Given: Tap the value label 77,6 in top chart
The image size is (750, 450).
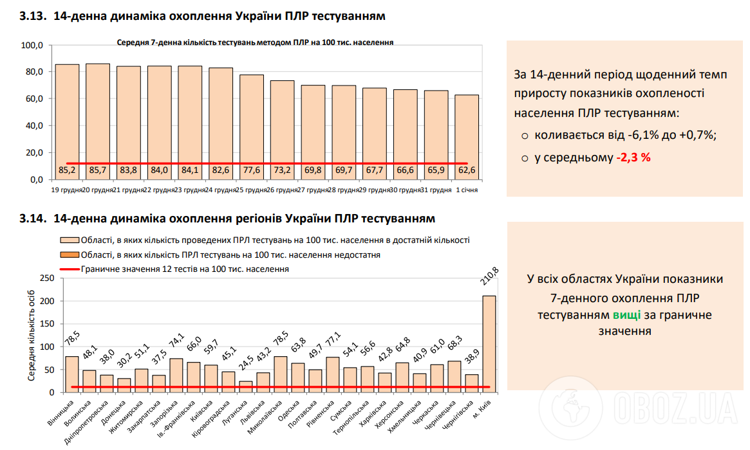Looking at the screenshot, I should click(x=252, y=170).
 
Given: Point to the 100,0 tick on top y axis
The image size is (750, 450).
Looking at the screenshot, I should click(x=32, y=46).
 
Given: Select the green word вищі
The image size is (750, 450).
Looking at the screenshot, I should click(x=626, y=315).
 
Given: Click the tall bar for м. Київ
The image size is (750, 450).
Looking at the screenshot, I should click(x=489, y=344).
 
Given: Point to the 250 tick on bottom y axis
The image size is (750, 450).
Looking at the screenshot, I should click(x=46, y=278).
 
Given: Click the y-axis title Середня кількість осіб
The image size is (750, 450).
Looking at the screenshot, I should click(x=31, y=334).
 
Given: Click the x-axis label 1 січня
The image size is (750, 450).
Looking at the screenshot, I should click(x=467, y=190).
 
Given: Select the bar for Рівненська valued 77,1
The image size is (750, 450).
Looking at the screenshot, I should click(x=333, y=374).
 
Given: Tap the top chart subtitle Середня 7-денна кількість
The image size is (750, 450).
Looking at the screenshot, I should click(x=255, y=42).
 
